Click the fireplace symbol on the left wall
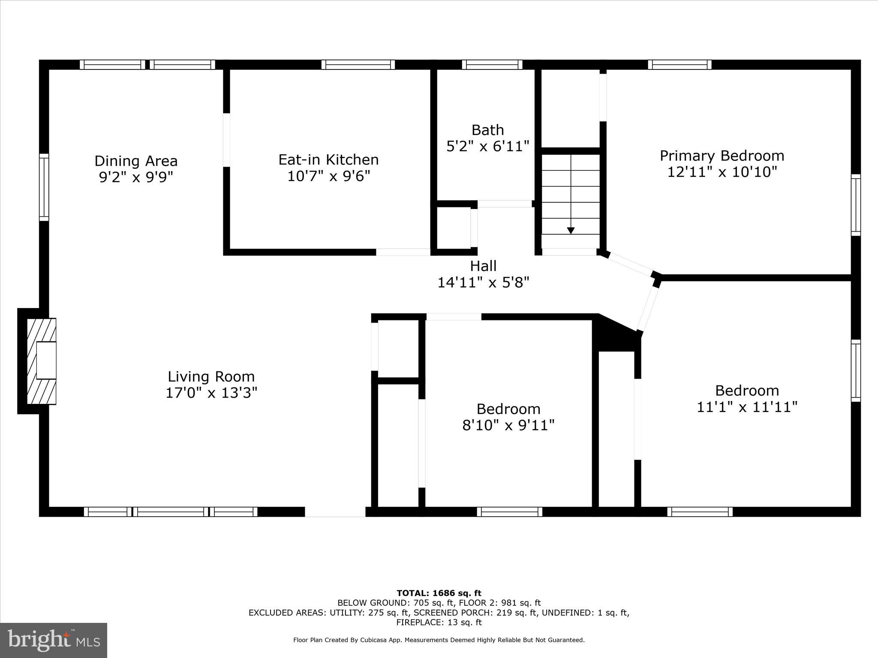tap(42, 361)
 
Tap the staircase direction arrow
tap(571, 230)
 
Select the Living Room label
tap(211, 377)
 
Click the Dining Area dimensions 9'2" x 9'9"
tap(136, 177)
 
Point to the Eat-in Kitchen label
tap(328, 160)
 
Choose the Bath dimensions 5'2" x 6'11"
tap(488, 146)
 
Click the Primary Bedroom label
tap(722, 156)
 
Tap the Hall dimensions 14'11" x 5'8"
tap(483, 282)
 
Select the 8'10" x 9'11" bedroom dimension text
tap(508, 425)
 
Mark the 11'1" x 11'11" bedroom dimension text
tap(747, 407)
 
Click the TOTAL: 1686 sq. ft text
tap(439, 593)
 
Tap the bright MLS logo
tap(54, 640)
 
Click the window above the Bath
tap(492, 65)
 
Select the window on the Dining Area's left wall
tap(44, 187)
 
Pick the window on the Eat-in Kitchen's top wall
tap(358, 65)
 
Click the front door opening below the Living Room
tap(335, 512)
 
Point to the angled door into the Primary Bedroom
tap(630, 264)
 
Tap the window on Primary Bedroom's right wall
tap(855, 205)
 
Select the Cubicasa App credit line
tap(439, 640)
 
